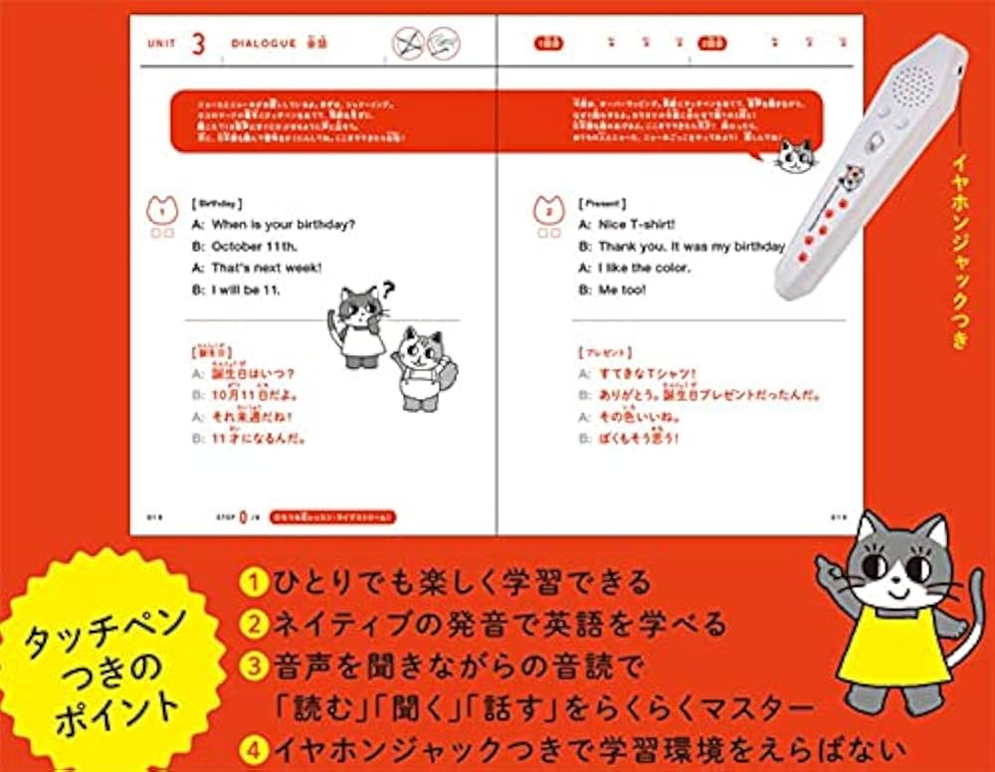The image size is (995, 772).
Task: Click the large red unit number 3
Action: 198,44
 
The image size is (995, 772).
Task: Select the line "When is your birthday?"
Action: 283,225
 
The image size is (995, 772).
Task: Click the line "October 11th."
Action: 253,247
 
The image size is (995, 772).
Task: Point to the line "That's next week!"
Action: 266,269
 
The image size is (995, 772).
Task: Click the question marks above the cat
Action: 386,289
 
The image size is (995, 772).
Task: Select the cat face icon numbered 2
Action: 546,210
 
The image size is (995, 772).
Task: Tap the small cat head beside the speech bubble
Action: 795,156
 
